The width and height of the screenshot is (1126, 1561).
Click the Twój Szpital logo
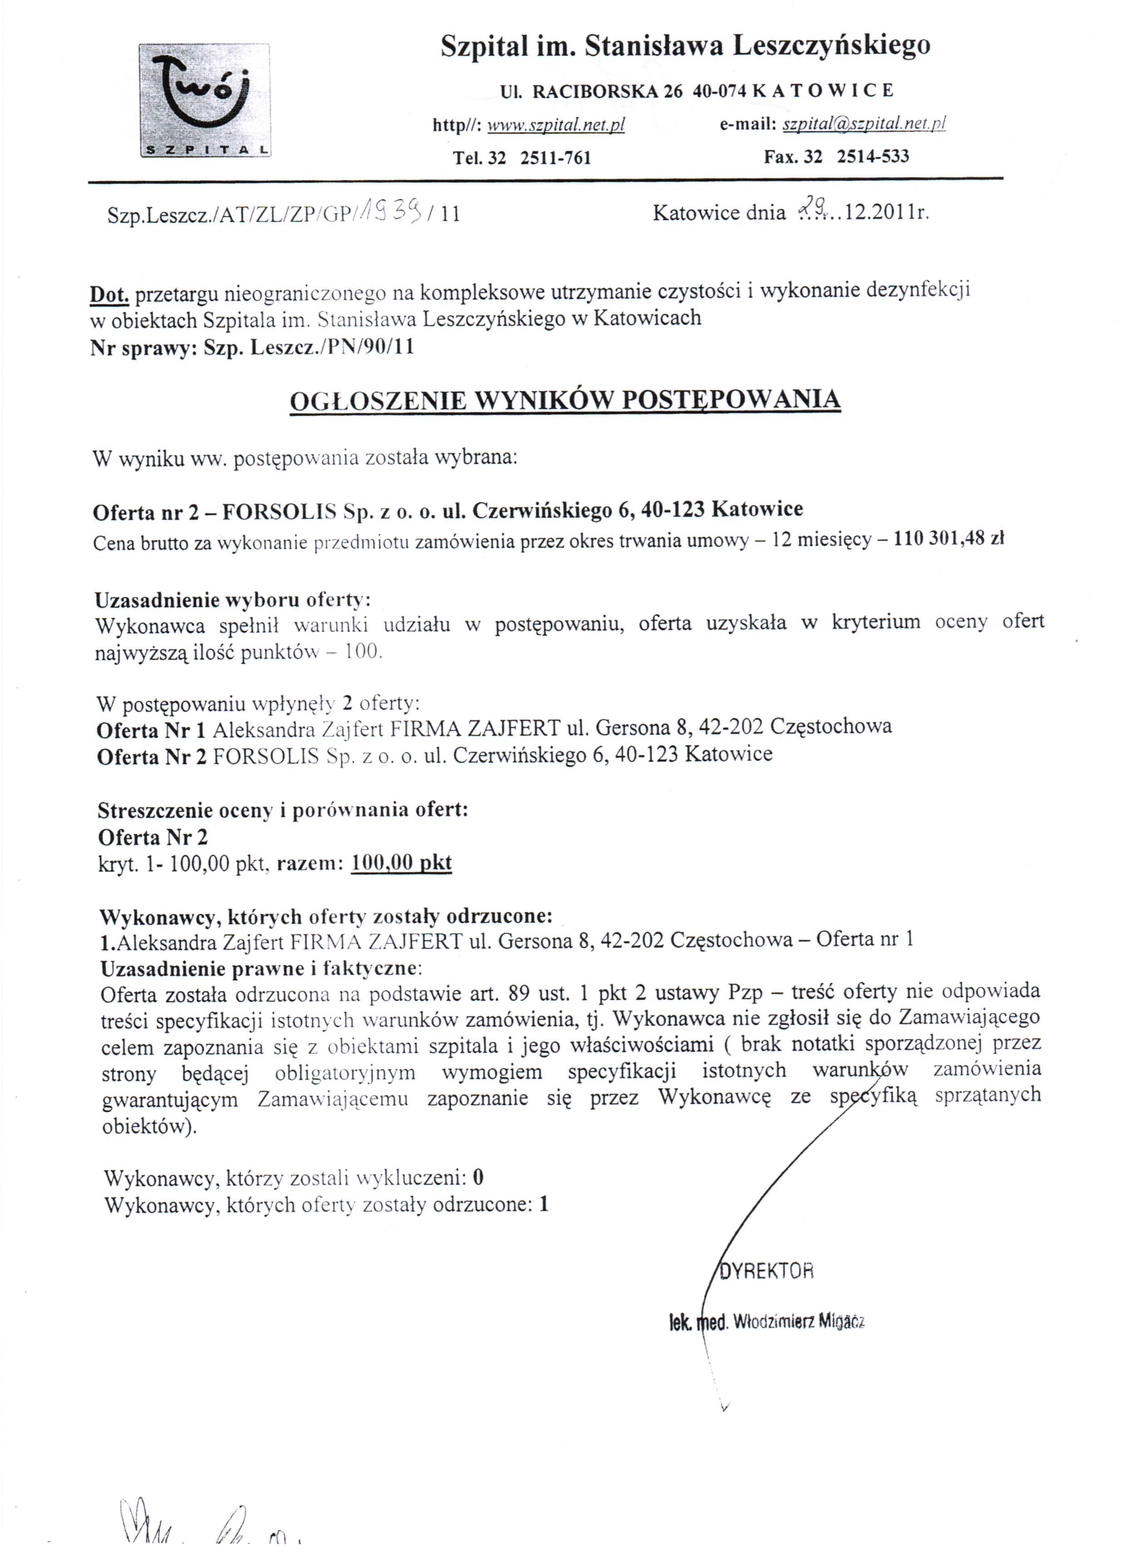(204, 100)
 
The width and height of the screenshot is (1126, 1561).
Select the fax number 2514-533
(872, 156)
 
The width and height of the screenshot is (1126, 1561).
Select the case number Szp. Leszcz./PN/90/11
(309, 347)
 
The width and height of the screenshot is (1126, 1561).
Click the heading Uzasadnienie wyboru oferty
(232, 600)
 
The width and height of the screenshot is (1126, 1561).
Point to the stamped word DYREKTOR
(766, 1270)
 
